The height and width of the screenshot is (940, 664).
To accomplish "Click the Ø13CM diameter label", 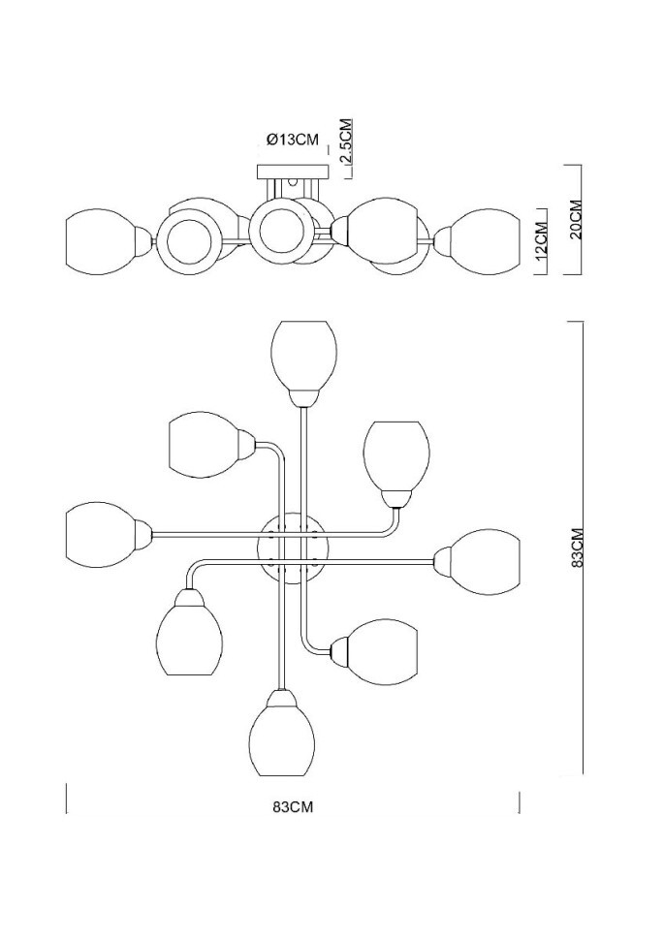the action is pos(293,140).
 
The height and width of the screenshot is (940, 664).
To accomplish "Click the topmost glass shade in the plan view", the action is pos(303,354).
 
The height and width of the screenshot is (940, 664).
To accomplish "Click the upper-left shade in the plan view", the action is pos(204,445).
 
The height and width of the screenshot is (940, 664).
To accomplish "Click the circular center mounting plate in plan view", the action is pos(293,548).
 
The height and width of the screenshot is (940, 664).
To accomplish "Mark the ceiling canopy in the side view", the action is pos(293,172).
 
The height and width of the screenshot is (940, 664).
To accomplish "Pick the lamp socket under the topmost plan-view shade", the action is pos(303,396).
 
